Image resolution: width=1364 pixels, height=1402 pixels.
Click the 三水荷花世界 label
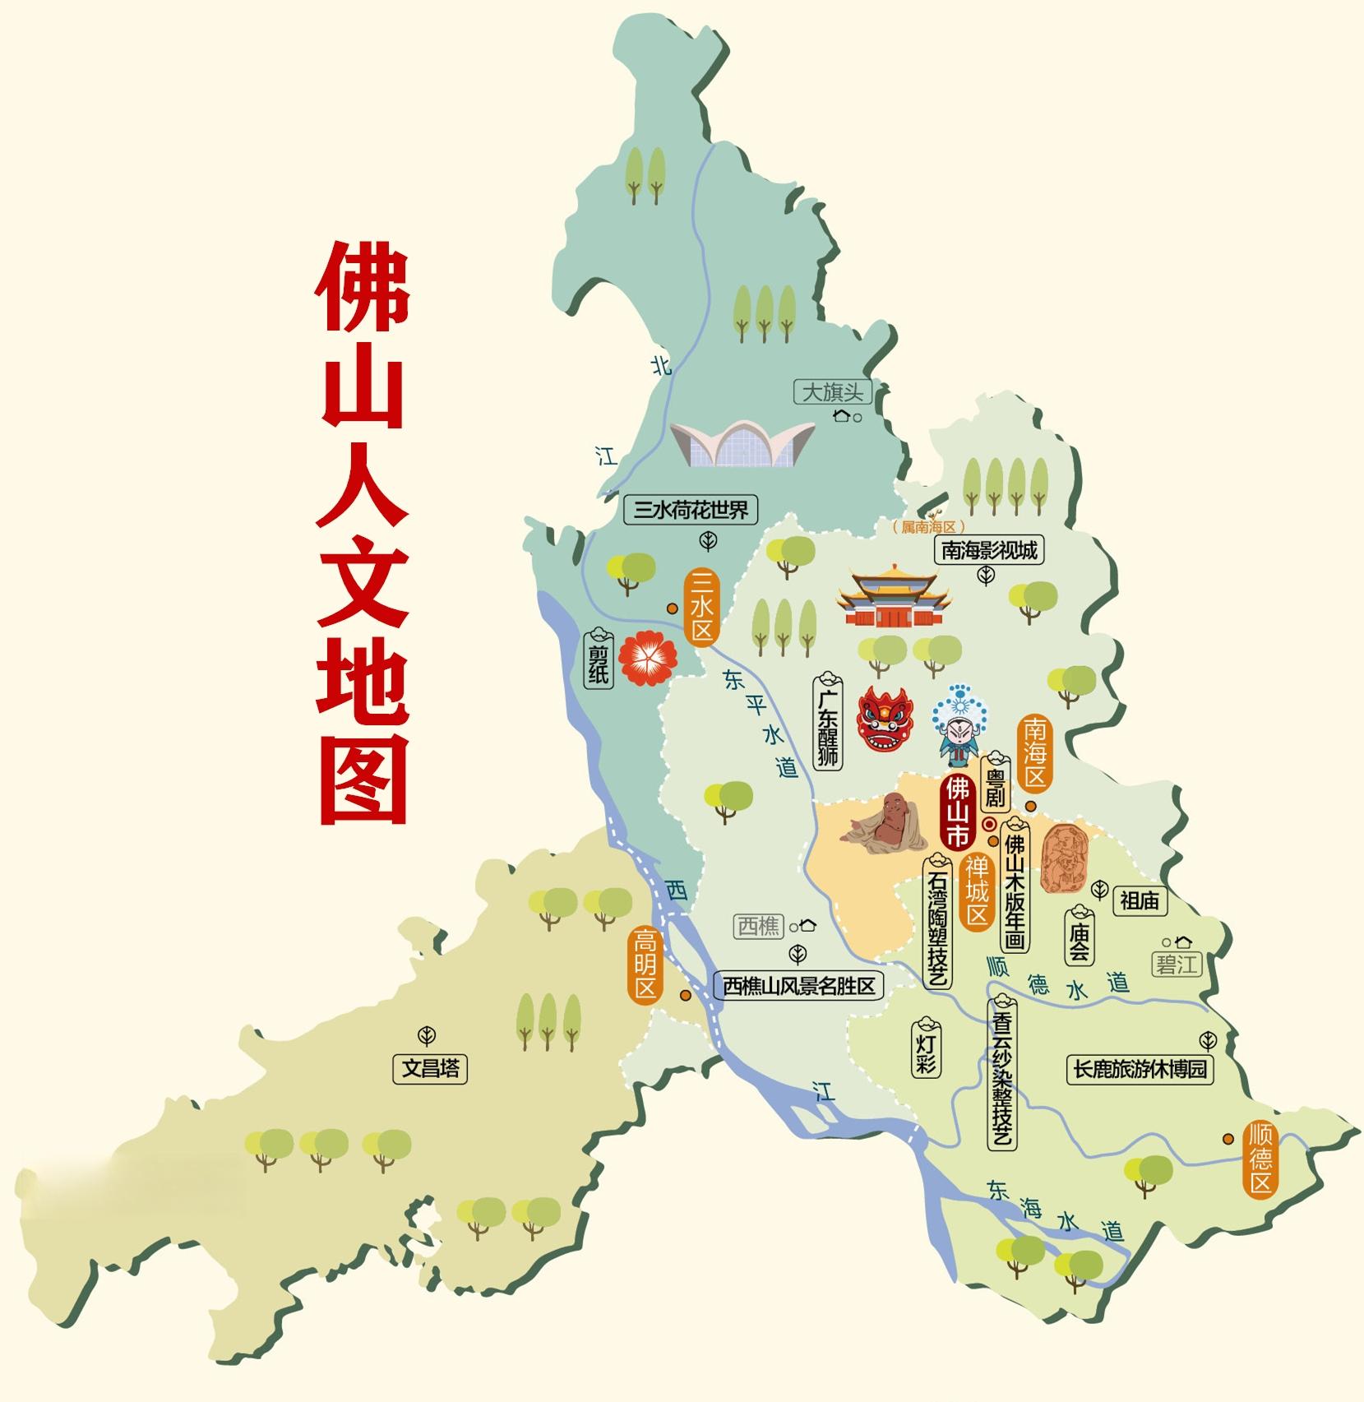point(691,511)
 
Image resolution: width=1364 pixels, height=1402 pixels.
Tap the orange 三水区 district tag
point(701,608)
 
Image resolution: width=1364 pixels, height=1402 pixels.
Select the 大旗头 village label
point(832,391)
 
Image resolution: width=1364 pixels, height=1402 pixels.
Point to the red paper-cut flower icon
point(648,659)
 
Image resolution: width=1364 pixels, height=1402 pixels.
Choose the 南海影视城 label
point(989,550)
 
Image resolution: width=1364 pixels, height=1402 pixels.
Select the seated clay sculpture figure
point(877,825)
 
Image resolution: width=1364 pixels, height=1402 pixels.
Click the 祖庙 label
point(1139,901)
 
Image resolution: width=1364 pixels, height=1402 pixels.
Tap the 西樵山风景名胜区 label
point(798,986)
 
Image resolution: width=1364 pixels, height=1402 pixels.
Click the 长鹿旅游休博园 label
point(1140,1068)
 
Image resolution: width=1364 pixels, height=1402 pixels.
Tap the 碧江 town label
point(1177,964)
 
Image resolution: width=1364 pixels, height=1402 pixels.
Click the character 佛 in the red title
point(362,285)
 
